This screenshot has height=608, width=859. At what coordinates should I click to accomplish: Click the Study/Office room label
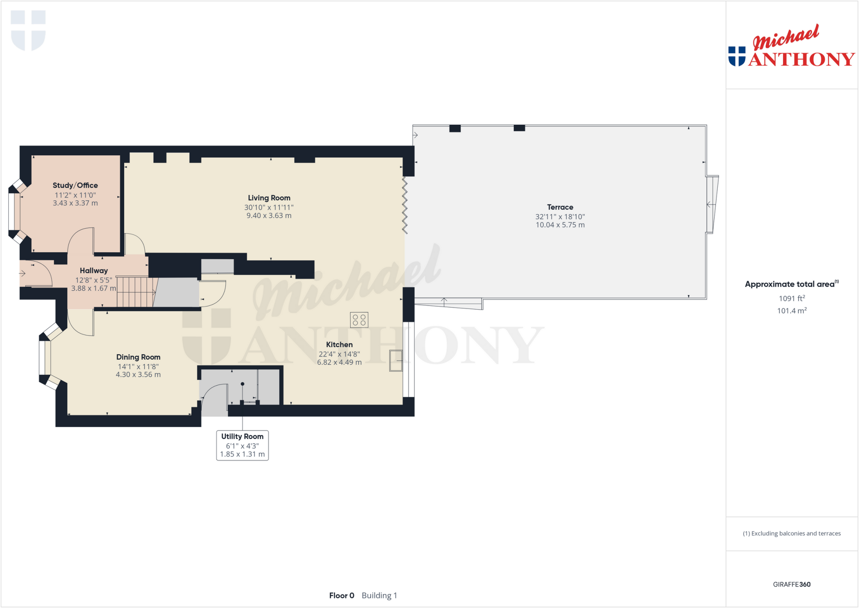(75, 185)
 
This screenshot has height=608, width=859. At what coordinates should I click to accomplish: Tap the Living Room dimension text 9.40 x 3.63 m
(269, 216)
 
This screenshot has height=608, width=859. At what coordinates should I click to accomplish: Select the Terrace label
(560, 207)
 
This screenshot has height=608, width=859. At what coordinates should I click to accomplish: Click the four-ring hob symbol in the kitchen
(359, 320)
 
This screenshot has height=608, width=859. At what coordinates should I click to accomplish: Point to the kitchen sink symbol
(396, 360)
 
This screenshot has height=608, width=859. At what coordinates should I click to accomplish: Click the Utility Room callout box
(242, 445)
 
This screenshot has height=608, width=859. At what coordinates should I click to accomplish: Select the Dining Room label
(138, 357)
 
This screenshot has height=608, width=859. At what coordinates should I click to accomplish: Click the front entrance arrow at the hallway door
(22, 274)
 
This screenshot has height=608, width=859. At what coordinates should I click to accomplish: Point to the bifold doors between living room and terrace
(405, 205)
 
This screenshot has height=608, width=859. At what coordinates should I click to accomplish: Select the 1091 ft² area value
(791, 298)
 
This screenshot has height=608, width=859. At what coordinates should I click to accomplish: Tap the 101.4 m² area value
(791, 311)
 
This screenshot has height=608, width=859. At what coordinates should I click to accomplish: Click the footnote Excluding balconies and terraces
(791, 534)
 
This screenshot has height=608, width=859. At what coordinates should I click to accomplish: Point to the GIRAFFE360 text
(791, 585)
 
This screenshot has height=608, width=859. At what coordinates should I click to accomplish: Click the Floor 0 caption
(341, 595)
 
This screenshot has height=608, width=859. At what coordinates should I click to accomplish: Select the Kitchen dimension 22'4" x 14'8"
(339, 354)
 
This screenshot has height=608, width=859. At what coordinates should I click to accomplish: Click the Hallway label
(94, 271)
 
